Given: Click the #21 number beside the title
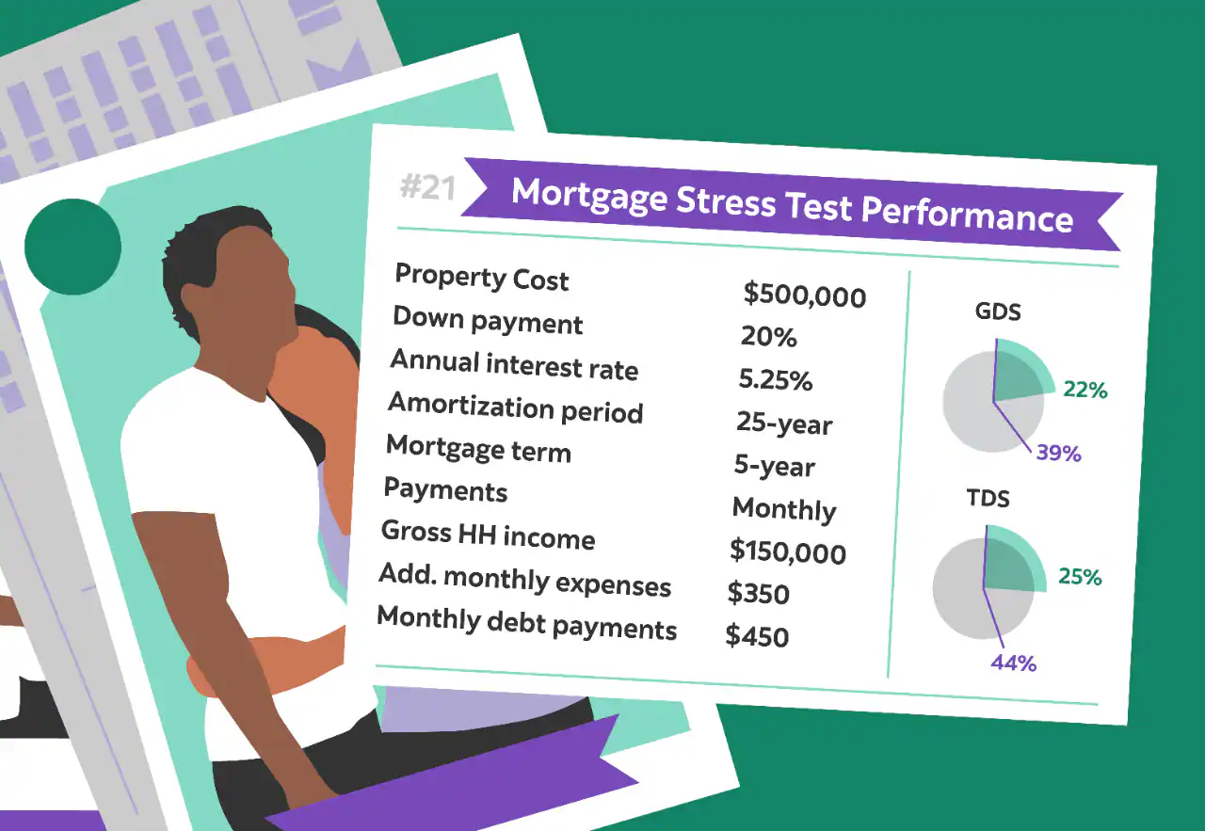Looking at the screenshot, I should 426,188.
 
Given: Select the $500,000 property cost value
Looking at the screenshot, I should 804,296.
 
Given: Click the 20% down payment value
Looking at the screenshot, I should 767,336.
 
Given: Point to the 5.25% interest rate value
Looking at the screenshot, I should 775,379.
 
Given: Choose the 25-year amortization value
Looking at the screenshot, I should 784,423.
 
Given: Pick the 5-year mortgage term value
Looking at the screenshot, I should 774,466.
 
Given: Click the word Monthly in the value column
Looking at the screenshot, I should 783,509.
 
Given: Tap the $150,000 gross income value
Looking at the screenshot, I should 787,551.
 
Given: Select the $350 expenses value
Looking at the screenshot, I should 758,594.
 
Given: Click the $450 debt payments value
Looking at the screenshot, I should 756,636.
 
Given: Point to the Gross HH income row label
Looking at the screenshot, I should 488,535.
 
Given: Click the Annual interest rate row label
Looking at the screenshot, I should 514,364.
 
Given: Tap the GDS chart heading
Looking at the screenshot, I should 997,312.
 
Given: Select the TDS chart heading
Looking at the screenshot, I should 988,499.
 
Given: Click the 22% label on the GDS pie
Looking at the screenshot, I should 1084,389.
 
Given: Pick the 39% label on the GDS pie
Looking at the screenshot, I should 1058,454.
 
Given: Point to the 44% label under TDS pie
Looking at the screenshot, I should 1013,663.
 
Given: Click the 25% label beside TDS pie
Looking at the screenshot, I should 1079,577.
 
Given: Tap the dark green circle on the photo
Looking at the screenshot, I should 72,248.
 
